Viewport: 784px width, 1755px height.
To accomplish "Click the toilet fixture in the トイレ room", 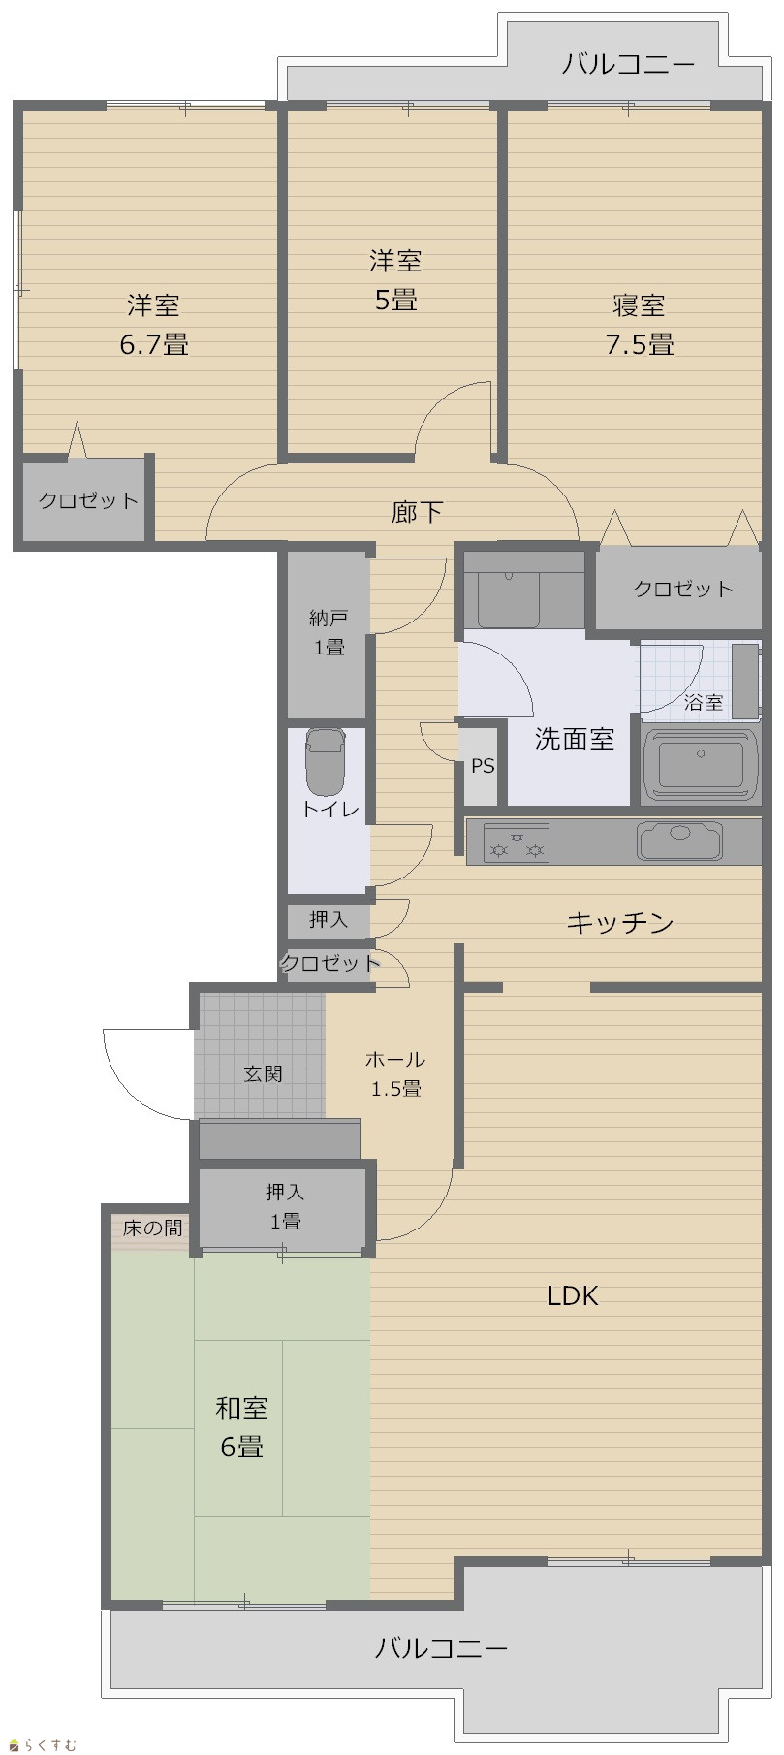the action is point(325,761).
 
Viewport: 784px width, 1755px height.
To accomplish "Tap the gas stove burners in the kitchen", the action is point(517,843).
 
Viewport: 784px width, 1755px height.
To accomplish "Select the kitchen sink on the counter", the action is point(679,841).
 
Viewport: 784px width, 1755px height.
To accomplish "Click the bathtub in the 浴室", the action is point(701,765).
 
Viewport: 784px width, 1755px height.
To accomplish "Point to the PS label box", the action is point(483,766).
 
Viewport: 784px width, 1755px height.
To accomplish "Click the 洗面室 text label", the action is point(575,739).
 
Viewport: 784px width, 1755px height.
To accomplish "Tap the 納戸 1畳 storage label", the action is point(329,632).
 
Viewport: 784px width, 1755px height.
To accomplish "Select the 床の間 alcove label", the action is point(152,1228).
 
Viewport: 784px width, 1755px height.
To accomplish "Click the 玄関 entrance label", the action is point(263,1073).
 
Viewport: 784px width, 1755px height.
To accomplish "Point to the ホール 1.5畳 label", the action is point(395,1073).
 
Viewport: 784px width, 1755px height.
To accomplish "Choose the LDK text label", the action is point(573,1295).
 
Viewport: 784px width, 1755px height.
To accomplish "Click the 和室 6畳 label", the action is point(241,1426).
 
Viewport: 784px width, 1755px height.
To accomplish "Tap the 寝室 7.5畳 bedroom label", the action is point(640,324).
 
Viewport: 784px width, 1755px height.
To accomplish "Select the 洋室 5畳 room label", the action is point(395,280).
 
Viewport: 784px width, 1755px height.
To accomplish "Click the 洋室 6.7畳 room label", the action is point(154,324).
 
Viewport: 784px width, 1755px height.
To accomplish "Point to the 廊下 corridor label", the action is point(418,511).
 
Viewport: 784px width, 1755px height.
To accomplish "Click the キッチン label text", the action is point(620,922).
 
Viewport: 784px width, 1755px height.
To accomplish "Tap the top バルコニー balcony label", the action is point(629,65).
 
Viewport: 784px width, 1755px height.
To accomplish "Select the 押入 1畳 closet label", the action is point(284,1206).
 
